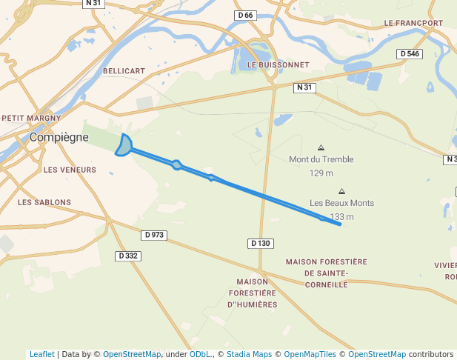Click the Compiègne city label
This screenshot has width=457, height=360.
point(59,137)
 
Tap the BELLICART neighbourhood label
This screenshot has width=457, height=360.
point(124,70)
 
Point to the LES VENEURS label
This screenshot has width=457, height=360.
point(70,170)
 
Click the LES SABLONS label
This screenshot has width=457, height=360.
point(44,202)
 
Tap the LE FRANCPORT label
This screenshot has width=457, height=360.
point(413,23)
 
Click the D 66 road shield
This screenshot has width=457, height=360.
point(245,16)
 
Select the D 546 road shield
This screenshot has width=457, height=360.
point(410,54)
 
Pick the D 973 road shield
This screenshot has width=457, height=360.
point(154,235)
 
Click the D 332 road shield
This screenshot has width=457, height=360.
point(128,256)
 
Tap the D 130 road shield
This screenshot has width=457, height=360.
point(261,243)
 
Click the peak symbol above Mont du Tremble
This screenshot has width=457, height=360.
point(321,147)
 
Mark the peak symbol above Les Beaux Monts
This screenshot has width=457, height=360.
point(341,191)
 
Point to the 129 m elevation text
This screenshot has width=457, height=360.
point(321,173)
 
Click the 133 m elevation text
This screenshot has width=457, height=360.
point(341,217)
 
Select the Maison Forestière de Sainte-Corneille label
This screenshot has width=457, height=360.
point(326,273)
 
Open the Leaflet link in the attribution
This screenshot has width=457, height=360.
point(41,354)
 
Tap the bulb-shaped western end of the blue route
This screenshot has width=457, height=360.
point(124,145)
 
